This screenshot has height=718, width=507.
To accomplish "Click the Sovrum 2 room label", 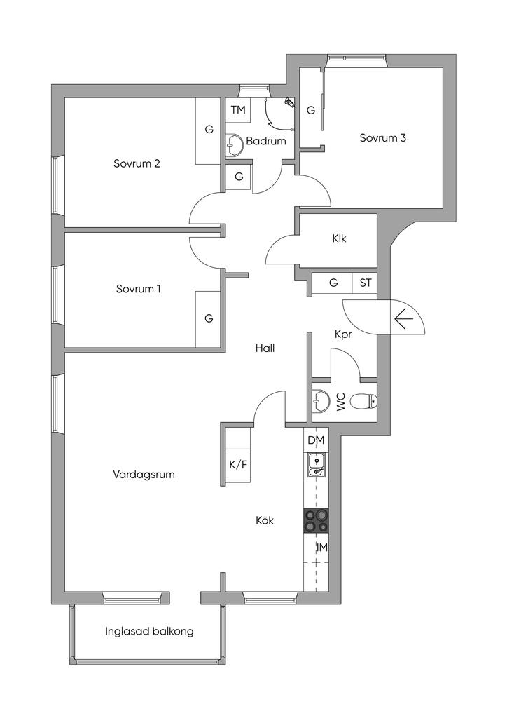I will pos(137,164).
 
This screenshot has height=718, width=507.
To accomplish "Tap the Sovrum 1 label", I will pos(139,288).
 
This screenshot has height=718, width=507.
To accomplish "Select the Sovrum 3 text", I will pos(382,138).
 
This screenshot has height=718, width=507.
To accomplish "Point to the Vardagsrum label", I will pos(144,475).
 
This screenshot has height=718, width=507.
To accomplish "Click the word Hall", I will pos(265,348).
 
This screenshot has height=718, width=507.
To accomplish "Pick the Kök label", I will pos(264,521).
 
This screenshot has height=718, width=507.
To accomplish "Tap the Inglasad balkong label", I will pos(149,631).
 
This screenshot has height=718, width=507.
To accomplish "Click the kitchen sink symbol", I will pos(317,465).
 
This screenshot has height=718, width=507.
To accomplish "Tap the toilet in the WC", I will pos(363,402).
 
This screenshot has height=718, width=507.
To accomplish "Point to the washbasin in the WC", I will pos(321,402).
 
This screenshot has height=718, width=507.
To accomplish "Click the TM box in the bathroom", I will pos(238,110).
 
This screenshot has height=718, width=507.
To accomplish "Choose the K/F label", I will pos(238,463).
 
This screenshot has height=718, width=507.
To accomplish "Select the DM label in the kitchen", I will pos(316,440).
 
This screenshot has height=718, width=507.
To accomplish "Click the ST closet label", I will pos(365,283).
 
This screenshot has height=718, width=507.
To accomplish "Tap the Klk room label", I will pos(339,238).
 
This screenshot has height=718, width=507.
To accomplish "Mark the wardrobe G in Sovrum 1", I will pos(209,318).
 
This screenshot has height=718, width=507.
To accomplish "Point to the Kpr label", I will pos(343,336).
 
